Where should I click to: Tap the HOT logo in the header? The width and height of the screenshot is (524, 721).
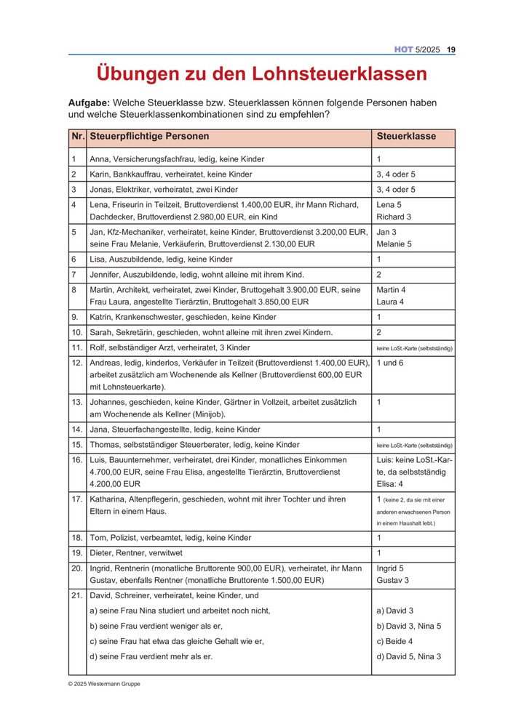pos(404,49)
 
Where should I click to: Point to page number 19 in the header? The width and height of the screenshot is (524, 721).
pos(451,49)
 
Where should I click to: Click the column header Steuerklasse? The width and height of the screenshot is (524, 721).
pos(406,136)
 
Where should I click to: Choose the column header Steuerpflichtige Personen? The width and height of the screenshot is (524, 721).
pos(149,136)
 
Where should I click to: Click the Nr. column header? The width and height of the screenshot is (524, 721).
pos(77,136)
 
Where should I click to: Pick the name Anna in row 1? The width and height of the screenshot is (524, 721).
pos(100,158)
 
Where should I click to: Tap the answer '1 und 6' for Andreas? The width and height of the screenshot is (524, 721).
pos(392,362)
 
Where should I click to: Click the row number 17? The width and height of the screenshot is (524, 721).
pos(76,499)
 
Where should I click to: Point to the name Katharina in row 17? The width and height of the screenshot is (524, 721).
pos(110,499)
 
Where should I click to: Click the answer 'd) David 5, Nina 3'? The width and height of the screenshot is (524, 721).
pos(408,656)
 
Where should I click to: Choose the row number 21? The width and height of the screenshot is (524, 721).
pos(76,595)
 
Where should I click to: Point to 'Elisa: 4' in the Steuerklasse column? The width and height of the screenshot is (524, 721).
pos(392,483)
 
